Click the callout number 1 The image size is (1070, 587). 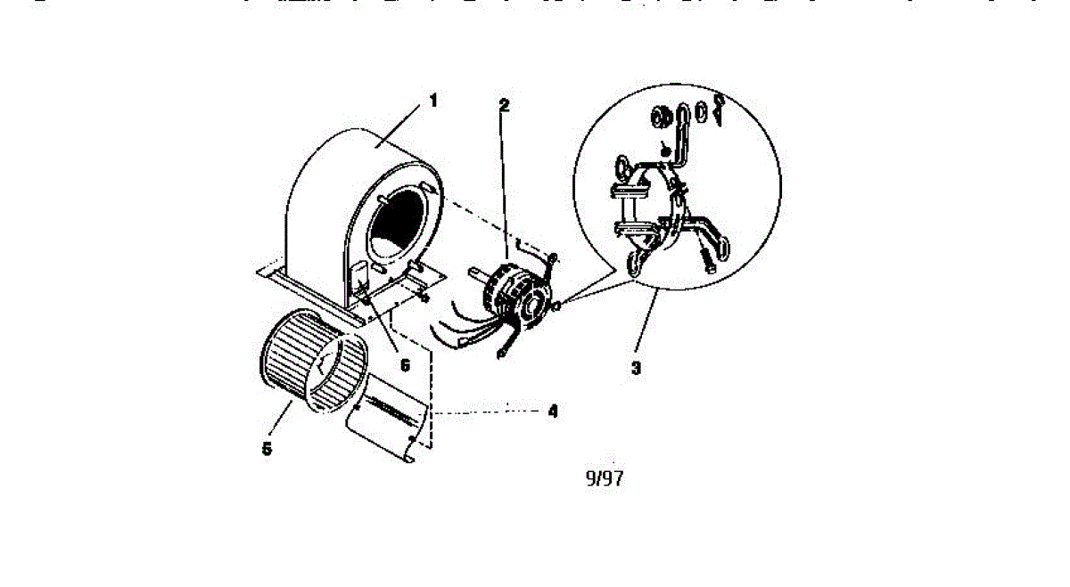(433, 100)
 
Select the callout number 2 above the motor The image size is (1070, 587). (504, 104)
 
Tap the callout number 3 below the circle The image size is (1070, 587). (636, 367)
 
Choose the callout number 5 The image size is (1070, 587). (267, 449)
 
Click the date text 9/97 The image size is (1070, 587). (604, 478)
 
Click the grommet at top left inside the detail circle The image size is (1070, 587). (661, 116)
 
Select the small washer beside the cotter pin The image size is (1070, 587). (701, 112)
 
